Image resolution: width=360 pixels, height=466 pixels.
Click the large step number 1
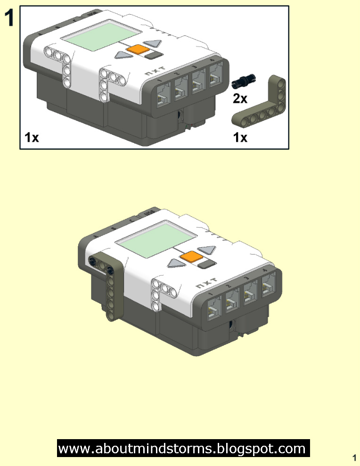pyautogui.click(x=10, y=18)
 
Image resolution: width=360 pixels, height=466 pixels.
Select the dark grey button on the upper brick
pyautogui.click(x=153, y=56)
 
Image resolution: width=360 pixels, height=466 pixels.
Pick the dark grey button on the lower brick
pyautogui.click(x=206, y=264)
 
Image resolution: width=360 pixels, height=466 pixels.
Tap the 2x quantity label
pyautogui.click(x=240, y=98)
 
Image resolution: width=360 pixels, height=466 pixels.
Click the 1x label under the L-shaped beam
pyautogui.click(x=241, y=138)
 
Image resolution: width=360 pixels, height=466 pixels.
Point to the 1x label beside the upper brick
pyautogui.click(x=32, y=138)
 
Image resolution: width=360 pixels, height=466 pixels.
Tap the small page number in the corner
pyautogui.click(x=353, y=457)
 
